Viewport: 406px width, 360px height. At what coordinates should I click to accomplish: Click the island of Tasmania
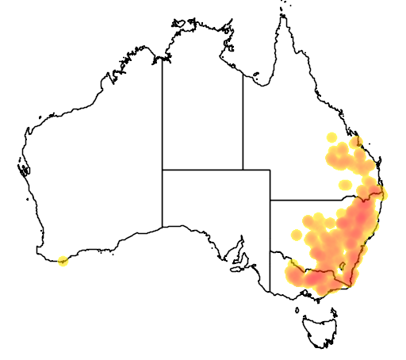(x=323, y=332)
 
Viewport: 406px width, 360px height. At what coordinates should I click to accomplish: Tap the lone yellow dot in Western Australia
(x=64, y=260)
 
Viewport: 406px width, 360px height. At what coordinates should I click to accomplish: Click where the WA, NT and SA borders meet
(x=163, y=169)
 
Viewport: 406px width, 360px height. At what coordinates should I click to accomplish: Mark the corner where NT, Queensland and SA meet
(x=243, y=169)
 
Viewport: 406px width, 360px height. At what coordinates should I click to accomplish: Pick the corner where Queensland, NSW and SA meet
(x=270, y=201)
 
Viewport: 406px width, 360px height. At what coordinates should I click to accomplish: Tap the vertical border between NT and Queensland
(x=243, y=119)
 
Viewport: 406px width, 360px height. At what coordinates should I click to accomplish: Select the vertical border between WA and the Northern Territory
(x=163, y=111)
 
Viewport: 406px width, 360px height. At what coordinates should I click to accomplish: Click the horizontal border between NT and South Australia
(x=202, y=169)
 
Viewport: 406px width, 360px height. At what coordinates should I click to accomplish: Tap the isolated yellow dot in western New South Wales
(x=297, y=235)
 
